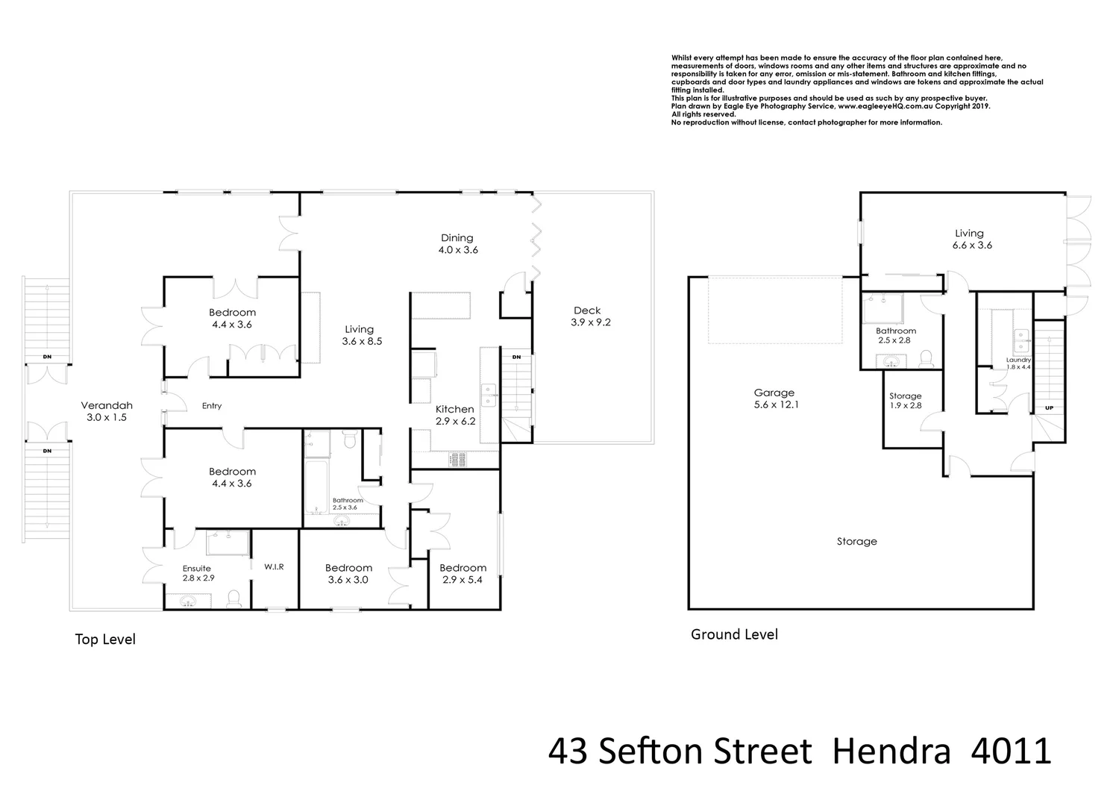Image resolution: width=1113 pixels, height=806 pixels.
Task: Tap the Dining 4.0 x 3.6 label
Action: (457, 244)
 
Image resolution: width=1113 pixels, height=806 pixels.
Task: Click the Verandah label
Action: (106, 411)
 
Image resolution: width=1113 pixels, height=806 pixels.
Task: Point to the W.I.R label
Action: (274, 567)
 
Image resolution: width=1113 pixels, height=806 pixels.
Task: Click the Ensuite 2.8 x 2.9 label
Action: (198, 573)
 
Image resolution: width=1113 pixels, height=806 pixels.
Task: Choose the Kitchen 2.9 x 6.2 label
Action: (454, 415)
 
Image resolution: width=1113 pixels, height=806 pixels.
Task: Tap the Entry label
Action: (212, 406)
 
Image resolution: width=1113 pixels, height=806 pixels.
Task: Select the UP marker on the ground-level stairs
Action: (1050, 408)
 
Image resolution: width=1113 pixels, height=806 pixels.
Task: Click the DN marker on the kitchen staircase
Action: (516, 357)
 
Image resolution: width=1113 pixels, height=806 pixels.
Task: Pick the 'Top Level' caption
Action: (105, 640)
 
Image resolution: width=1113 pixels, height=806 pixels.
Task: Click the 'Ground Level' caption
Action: (734, 634)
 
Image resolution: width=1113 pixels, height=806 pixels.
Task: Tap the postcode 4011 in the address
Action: (1011, 752)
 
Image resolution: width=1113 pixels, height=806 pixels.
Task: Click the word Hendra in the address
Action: (891, 752)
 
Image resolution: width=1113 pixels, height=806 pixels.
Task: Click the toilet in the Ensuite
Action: (233, 598)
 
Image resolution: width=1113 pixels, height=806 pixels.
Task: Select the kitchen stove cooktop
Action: (457, 460)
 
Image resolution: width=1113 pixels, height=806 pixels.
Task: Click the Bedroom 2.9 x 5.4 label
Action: (463, 573)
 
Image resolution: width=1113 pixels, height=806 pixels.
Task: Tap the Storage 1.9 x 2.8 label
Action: (905, 401)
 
